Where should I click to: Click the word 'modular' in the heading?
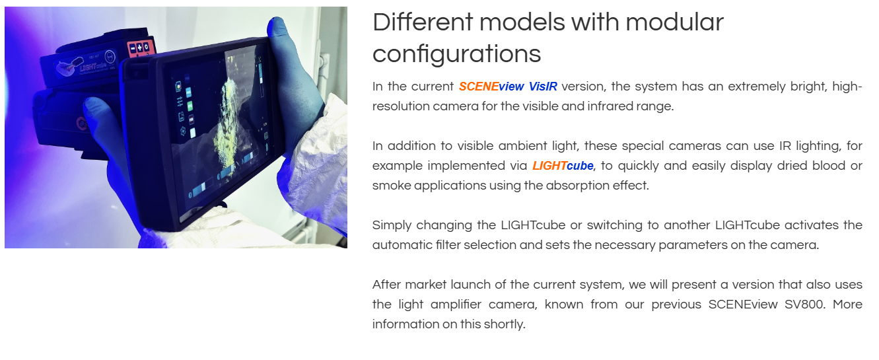click(x=674, y=22)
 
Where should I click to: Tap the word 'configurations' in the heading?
click(x=457, y=54)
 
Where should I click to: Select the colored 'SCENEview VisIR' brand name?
click(x=508, y=87)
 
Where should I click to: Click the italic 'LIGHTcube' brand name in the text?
click(x=563, y=166)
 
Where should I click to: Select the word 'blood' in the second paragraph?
click(x=829, y=166)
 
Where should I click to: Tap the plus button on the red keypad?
click(x=140, y=48)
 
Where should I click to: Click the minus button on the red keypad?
click(x=133, y=49)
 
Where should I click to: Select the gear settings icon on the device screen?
click(x=183, y=131)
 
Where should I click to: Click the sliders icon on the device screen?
click(x=180, y=101)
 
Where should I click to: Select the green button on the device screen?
click(x=190, y=106)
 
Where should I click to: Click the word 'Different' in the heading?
click(x=423, y=22)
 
